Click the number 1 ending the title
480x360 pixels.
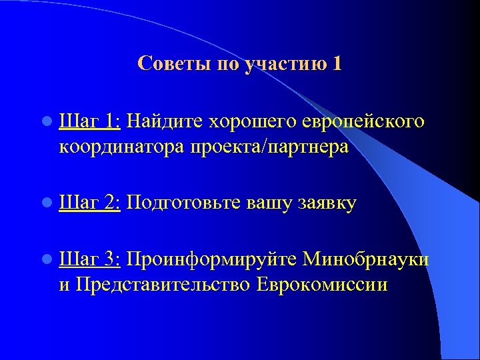click(x=337, y=64)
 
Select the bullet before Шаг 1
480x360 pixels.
click(x=45, y=122)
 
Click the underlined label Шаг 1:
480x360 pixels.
click(x=89, y=121)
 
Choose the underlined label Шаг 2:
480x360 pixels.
click(x=89, y=203)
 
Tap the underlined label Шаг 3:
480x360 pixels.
click(x=89, y=259)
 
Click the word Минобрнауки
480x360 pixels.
click(x=365, y=259)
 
